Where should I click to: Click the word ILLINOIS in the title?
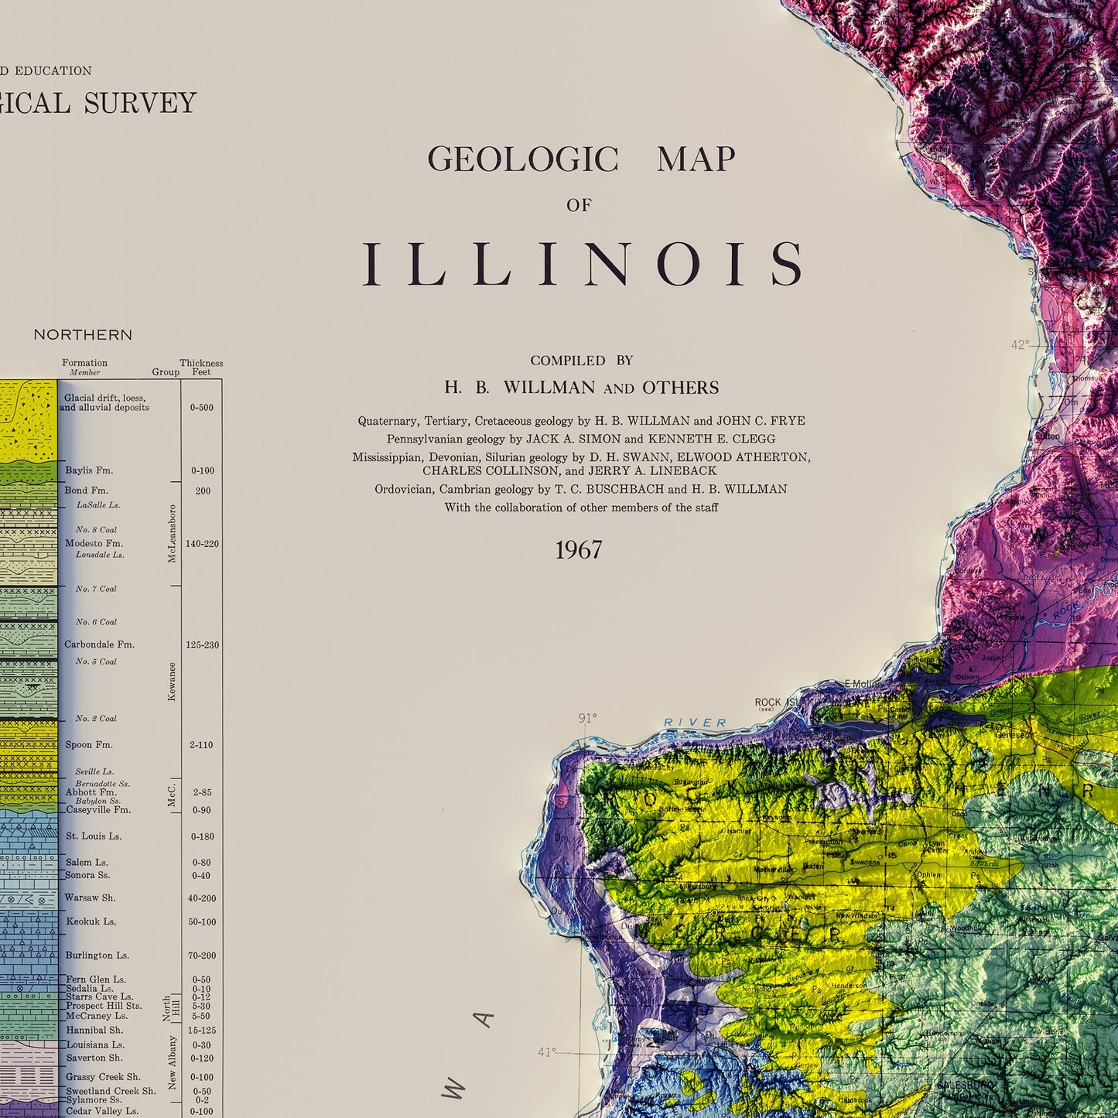(584, 264)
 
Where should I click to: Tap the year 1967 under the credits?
(578, 550)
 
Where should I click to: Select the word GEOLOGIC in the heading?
(523, 160)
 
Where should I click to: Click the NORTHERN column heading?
(83, 335)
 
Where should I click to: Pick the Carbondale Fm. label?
(99, 644)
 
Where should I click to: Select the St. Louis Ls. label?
(93, 836)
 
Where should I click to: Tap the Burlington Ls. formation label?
(97, 956)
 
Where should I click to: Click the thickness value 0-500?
(202, 408)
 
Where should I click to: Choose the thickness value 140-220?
(202, 544)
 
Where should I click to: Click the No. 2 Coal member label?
(96, 719)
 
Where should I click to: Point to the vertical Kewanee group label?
(172, 682)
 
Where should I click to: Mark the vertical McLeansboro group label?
(172, 534)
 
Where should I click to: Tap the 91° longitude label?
(588, 719)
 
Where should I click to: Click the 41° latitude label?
(546, 1052)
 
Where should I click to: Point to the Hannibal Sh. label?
(94, 1031)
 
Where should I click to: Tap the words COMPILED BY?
(581, 361)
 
